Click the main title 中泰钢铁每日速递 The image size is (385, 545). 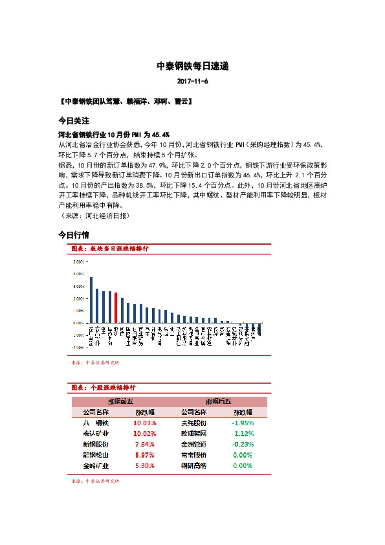[192, 66]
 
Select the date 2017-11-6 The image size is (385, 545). [192, 82]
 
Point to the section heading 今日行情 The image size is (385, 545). [73, 234]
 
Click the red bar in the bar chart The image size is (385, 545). [116, 307]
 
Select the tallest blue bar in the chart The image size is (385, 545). [91, 299]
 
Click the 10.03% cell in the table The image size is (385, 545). [144, 423]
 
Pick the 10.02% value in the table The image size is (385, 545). [144, 433]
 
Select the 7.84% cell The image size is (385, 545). [144, 444]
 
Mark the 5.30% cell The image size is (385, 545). [144, 465]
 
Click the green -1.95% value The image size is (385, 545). [243, 423]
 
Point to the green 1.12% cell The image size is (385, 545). [243, 433]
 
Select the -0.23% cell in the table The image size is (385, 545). [243, 444]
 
